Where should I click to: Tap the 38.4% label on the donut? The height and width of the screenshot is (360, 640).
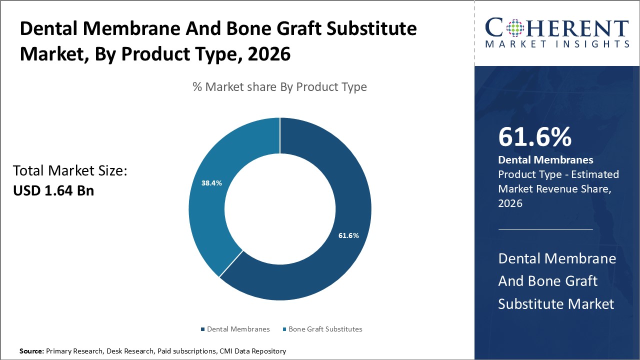pos(212,183)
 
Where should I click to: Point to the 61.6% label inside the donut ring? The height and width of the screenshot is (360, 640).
pos(348,235)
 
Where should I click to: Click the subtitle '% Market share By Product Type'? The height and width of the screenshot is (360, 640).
pos(279,87)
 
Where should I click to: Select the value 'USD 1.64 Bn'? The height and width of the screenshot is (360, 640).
pos(53,190)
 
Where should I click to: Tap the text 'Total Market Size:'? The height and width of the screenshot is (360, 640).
pos(70,171)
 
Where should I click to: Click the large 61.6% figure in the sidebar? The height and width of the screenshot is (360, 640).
pos(534,137)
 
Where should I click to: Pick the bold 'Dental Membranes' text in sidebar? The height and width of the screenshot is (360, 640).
pos(545,160)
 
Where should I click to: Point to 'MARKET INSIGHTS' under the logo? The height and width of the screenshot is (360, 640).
pos(556,44)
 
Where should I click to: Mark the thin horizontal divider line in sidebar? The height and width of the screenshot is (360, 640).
pos(545,229)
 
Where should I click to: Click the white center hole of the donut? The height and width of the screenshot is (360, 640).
pos(280,209)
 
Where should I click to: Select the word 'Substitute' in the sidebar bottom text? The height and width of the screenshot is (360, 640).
pos(530,303)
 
